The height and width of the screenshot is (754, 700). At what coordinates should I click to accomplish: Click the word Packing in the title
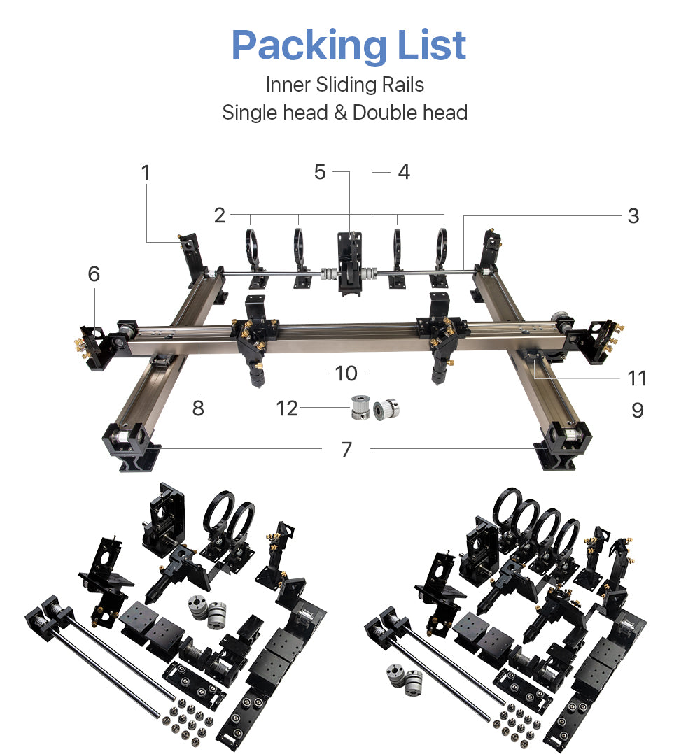(x=309, y=45)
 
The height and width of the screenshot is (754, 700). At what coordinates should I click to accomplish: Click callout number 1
(x=146, y=173)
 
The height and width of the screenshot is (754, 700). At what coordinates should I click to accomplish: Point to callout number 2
(x=220, y=215)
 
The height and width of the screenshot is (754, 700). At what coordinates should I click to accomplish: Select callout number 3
(x=633, y=216)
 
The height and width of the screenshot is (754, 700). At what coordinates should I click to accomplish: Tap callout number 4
(x=404, y=172)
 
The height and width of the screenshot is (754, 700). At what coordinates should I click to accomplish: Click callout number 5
(x=320, y=172)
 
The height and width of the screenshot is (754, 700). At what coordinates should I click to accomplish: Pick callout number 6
(x=94, y=274)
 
